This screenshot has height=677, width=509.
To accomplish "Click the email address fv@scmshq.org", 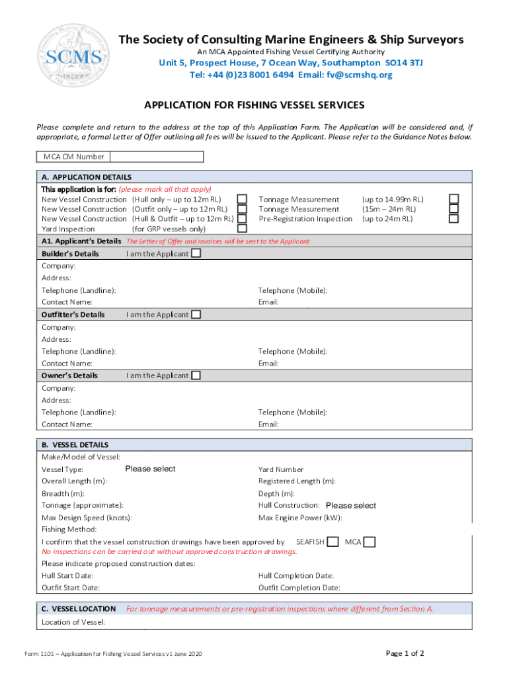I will (x=359, y=75).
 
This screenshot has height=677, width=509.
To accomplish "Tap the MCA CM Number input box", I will (x=157, y=157).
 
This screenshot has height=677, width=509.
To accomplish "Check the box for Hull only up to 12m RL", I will (x=243, y=199).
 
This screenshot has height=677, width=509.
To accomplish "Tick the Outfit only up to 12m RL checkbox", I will (x=243, y=209).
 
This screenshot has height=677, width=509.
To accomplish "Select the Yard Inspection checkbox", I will (x=243, y=229).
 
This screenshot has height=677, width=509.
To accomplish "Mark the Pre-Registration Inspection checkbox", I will (x=453, y=219).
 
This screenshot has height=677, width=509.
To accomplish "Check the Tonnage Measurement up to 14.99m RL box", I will (x=453, y=199).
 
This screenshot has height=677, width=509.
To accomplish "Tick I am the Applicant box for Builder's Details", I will (x=196, y=254).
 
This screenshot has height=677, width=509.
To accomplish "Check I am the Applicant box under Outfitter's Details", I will (x=196, y=315).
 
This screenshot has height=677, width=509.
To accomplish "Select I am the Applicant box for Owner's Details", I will (x=196, y=376).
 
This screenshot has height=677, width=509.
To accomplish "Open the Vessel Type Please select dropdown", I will (x=150, y=469).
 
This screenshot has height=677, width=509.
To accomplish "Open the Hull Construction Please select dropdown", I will (x=350, y=506).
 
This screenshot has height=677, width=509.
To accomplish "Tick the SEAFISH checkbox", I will (x=334, y=542).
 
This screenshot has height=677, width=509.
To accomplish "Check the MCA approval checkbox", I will (x=370, y=542).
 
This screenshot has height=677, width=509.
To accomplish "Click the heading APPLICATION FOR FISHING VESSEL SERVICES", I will (x=255, y=105).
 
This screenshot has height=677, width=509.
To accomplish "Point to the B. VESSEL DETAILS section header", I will (x=75, y=445).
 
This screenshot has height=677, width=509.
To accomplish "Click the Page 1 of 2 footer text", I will (x=405, y=654).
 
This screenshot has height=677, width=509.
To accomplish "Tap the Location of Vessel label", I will (x=73, y=622).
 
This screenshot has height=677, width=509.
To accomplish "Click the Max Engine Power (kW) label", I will (x=300, y=518).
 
